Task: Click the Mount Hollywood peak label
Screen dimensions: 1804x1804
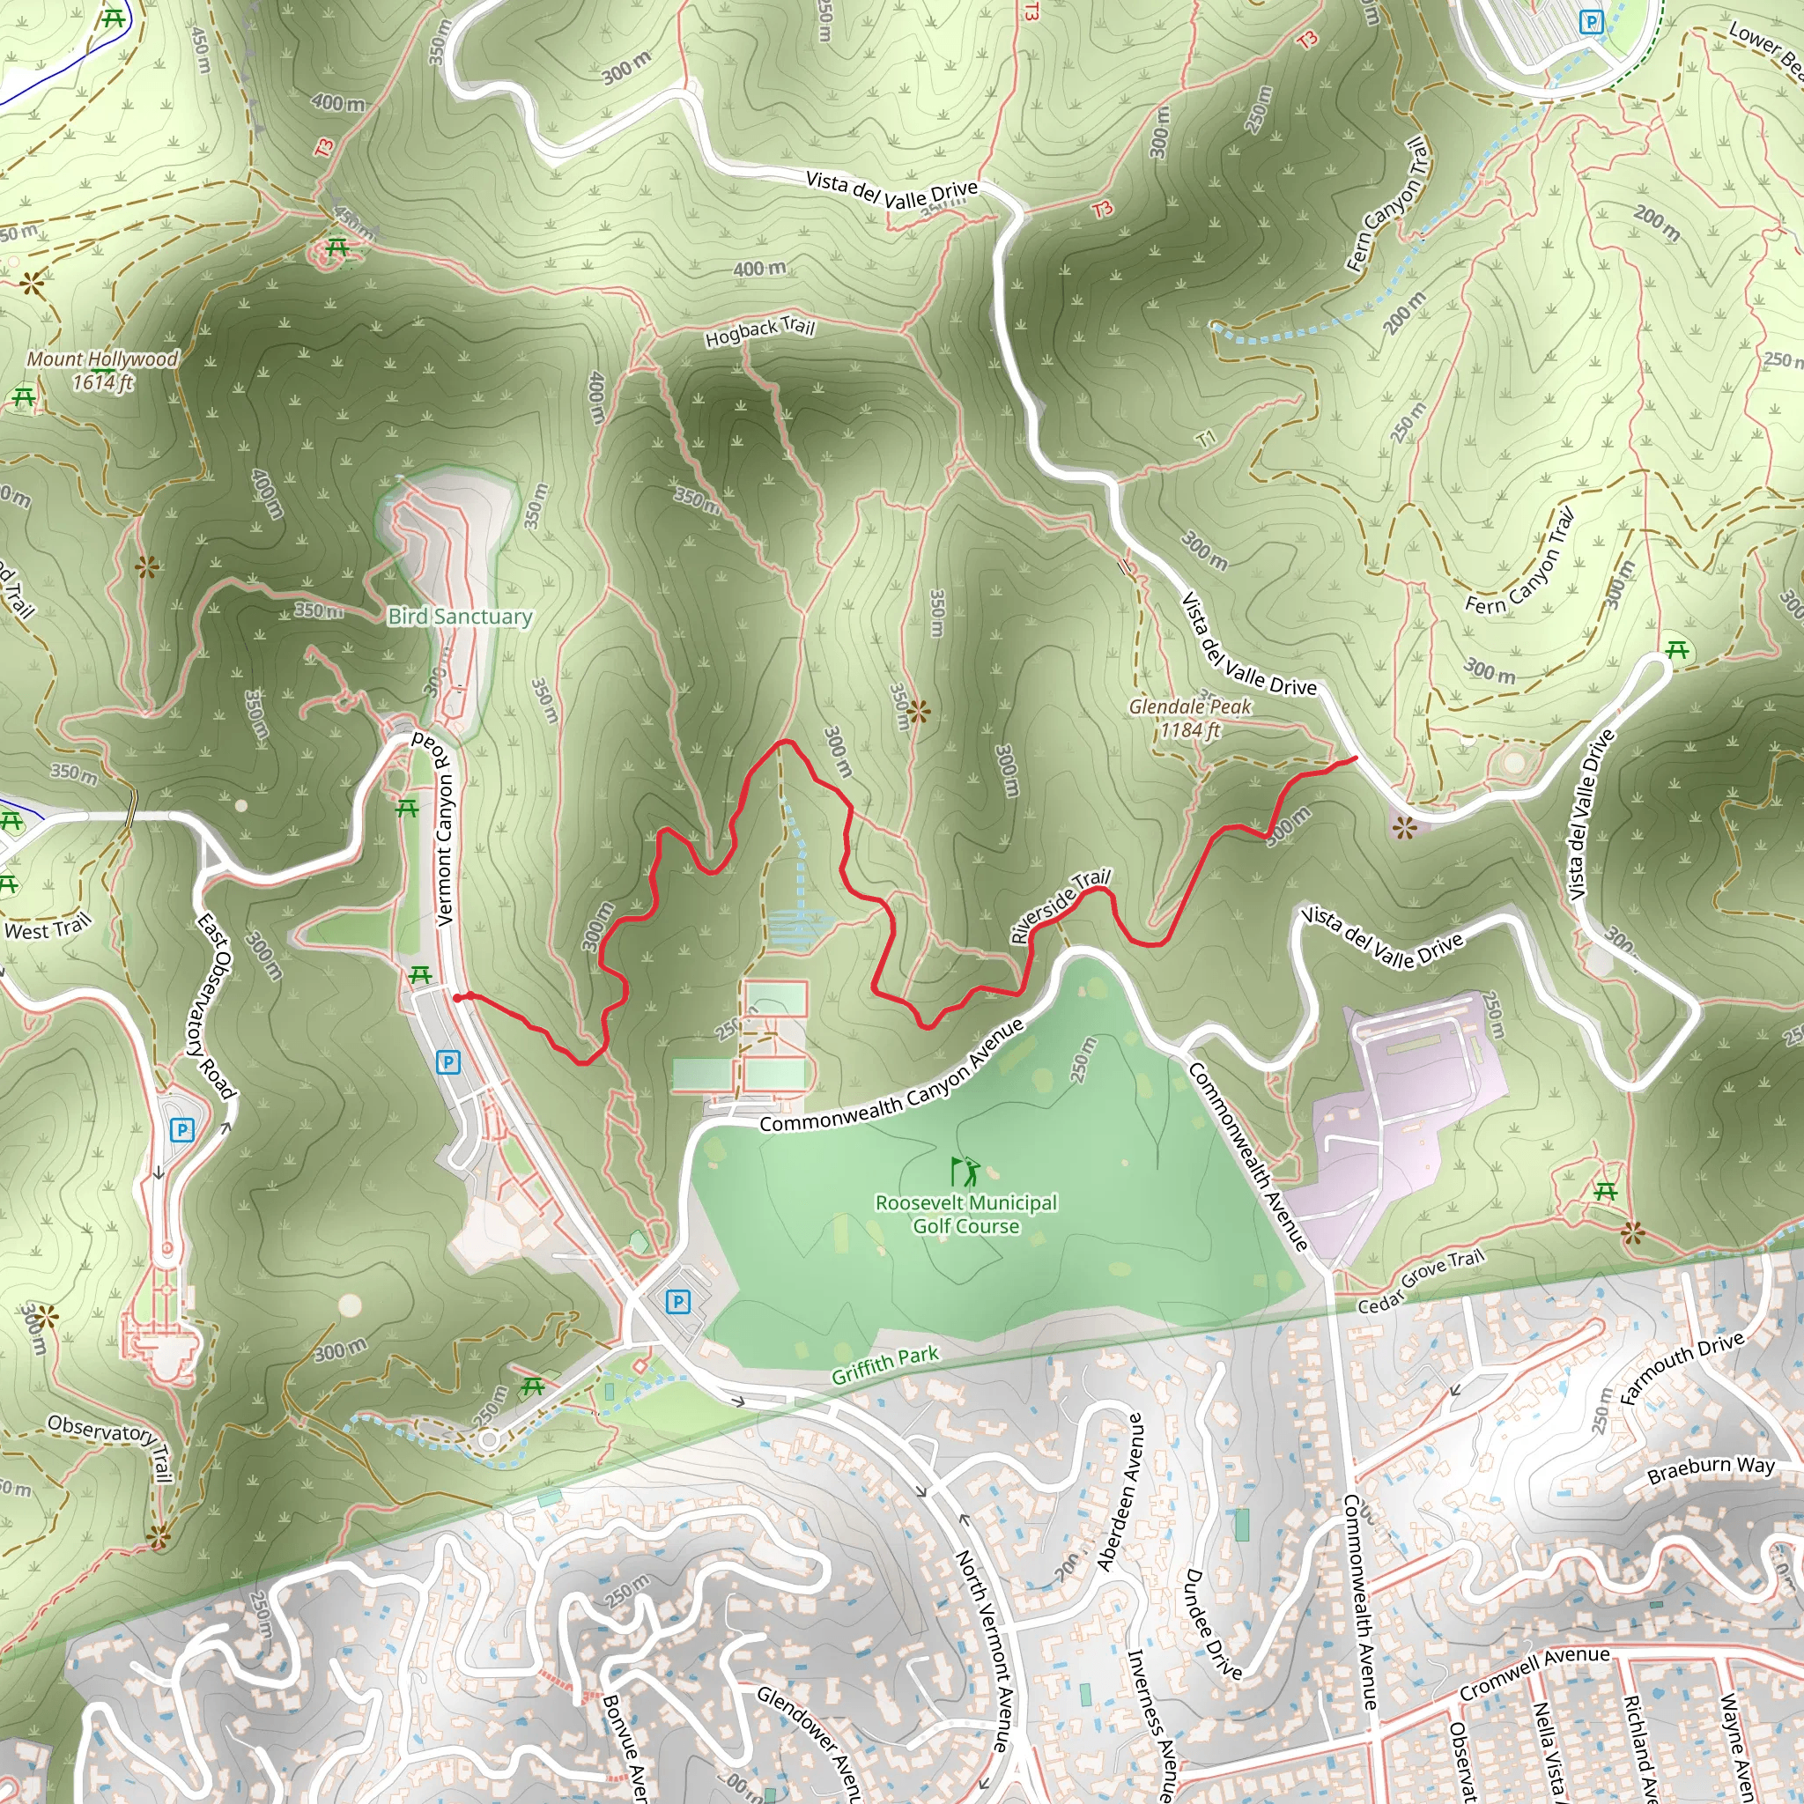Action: coord(102,370)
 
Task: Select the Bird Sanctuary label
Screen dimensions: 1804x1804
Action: coord(460,617)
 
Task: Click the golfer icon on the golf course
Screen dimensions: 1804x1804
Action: coord(965,1171)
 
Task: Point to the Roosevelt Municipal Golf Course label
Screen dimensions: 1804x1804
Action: coord(965,1214)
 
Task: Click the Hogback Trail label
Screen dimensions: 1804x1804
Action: coord(760,331)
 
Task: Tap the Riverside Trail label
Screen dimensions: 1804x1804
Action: coord(1060,905)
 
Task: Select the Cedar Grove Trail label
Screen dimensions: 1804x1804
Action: coord(1419,1280)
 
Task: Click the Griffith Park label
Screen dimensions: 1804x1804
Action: coord(884,1366)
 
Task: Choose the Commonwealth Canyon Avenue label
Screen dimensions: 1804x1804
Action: coord(891,1078)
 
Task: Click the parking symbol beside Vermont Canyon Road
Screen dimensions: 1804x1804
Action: coord(448,1061)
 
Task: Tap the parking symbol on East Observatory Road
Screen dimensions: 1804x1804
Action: coord(182,1131)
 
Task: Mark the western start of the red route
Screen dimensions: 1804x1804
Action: coord(457,997)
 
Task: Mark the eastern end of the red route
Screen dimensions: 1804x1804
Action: coord(1355,758)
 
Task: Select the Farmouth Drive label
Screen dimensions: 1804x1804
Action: coord(1681,1367)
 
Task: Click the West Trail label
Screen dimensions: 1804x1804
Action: coord(48,928)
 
